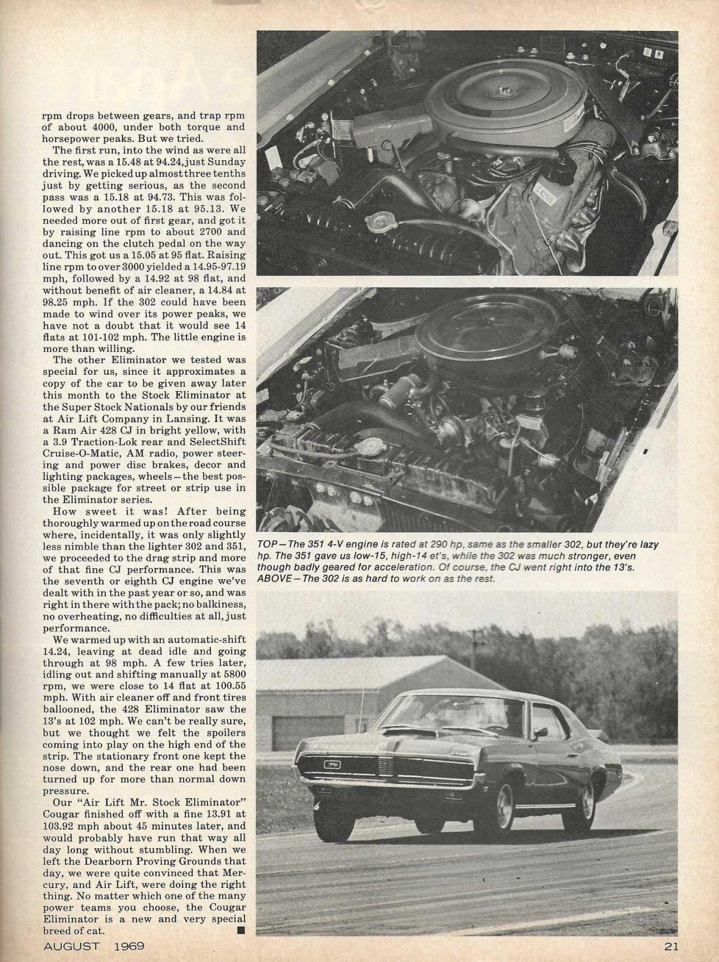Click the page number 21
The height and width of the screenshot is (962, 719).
(x=670, y=947)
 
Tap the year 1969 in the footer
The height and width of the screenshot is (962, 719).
(x=129, y=947)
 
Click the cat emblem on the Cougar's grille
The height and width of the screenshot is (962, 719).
(x=332, y=764)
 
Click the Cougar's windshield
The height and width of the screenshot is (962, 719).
(x=475, y=716)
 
